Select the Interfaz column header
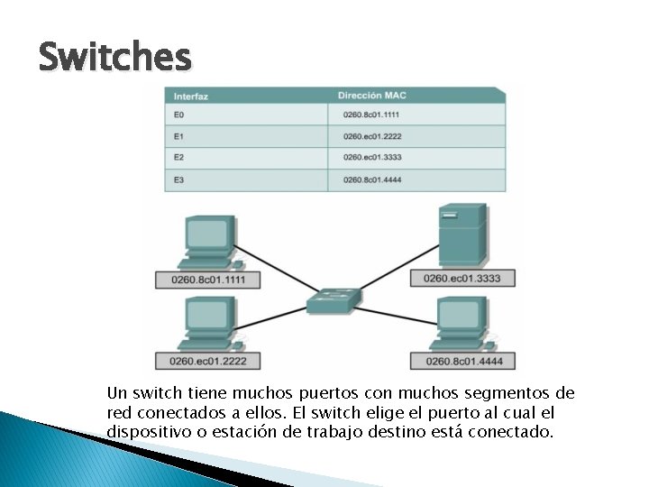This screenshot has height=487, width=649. [x=191, y=96]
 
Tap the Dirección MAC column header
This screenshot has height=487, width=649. [x=372, y=95]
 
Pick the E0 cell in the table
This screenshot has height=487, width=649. [x=179, y=115]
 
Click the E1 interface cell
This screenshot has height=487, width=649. [x=179, y=137]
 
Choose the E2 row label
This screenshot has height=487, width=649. [x=179, y=159]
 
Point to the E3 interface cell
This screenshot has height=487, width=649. [x=179, y=180]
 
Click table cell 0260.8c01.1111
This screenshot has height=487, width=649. [x=371, y=115]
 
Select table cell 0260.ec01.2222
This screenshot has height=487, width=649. [x=371, y=137]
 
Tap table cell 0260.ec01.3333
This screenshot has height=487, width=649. [x=371, y=159]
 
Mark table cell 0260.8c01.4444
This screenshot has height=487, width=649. [x=371, y=180]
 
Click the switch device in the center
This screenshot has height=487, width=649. [x=333, y=299]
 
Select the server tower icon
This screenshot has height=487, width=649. [x=462, y=234]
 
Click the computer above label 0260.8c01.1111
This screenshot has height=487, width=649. [x=210, y=242]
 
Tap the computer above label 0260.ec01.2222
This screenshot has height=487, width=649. [x=210, y=325]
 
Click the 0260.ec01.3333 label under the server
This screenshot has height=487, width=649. [x=462, y=279]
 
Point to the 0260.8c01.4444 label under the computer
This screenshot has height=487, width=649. [x=462, y=362]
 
